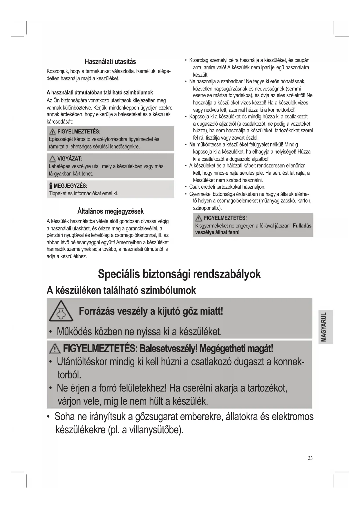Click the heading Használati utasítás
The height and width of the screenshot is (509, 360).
[x=110, y=62]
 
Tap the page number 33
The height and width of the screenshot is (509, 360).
[x=310, y=458]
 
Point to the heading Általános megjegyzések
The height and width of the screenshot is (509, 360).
[x=110, y=211]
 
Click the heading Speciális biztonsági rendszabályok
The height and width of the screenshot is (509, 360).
[x=179, y=274]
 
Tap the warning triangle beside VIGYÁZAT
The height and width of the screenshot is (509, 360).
[x=53, y=159]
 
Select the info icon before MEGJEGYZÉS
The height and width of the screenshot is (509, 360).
[x=51, y=186]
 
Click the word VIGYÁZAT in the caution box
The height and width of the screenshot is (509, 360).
[x=70, y=159]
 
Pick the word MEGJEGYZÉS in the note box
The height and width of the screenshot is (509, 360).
[x=70, y=186]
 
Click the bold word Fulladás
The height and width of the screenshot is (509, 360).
[x=302, y=225]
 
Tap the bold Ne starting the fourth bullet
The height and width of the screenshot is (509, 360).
[x=192, y=145]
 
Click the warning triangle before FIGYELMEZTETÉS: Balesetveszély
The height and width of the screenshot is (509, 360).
[x=55, y=348]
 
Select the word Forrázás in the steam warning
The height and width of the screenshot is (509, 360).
[x=96, y=312]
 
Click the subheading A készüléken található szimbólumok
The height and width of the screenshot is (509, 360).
[x=121, y=290]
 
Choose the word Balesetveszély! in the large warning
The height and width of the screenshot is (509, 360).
[x=168, y=348]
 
